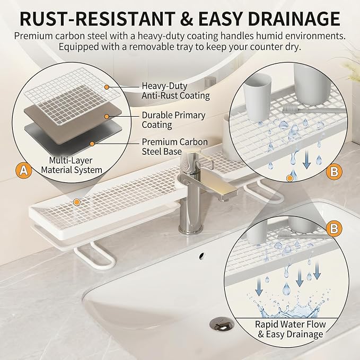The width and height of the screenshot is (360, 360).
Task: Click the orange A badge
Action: [24, 170]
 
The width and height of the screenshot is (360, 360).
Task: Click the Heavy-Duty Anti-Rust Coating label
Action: [175, 91]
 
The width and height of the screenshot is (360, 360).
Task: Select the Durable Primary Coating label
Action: [173, 120]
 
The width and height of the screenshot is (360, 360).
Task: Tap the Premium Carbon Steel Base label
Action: [175, 147]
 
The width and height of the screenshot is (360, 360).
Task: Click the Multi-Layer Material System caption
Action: [72, 165]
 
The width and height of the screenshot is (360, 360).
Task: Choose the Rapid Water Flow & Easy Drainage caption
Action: [291, 329]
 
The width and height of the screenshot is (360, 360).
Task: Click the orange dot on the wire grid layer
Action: [106, 87]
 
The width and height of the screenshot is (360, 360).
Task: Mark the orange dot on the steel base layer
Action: [92, 144]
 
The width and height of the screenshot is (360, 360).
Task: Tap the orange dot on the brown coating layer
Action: [107, 117]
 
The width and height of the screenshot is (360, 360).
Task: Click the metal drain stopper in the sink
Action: [222, 324]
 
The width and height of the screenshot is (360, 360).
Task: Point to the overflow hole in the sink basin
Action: [201, 256]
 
